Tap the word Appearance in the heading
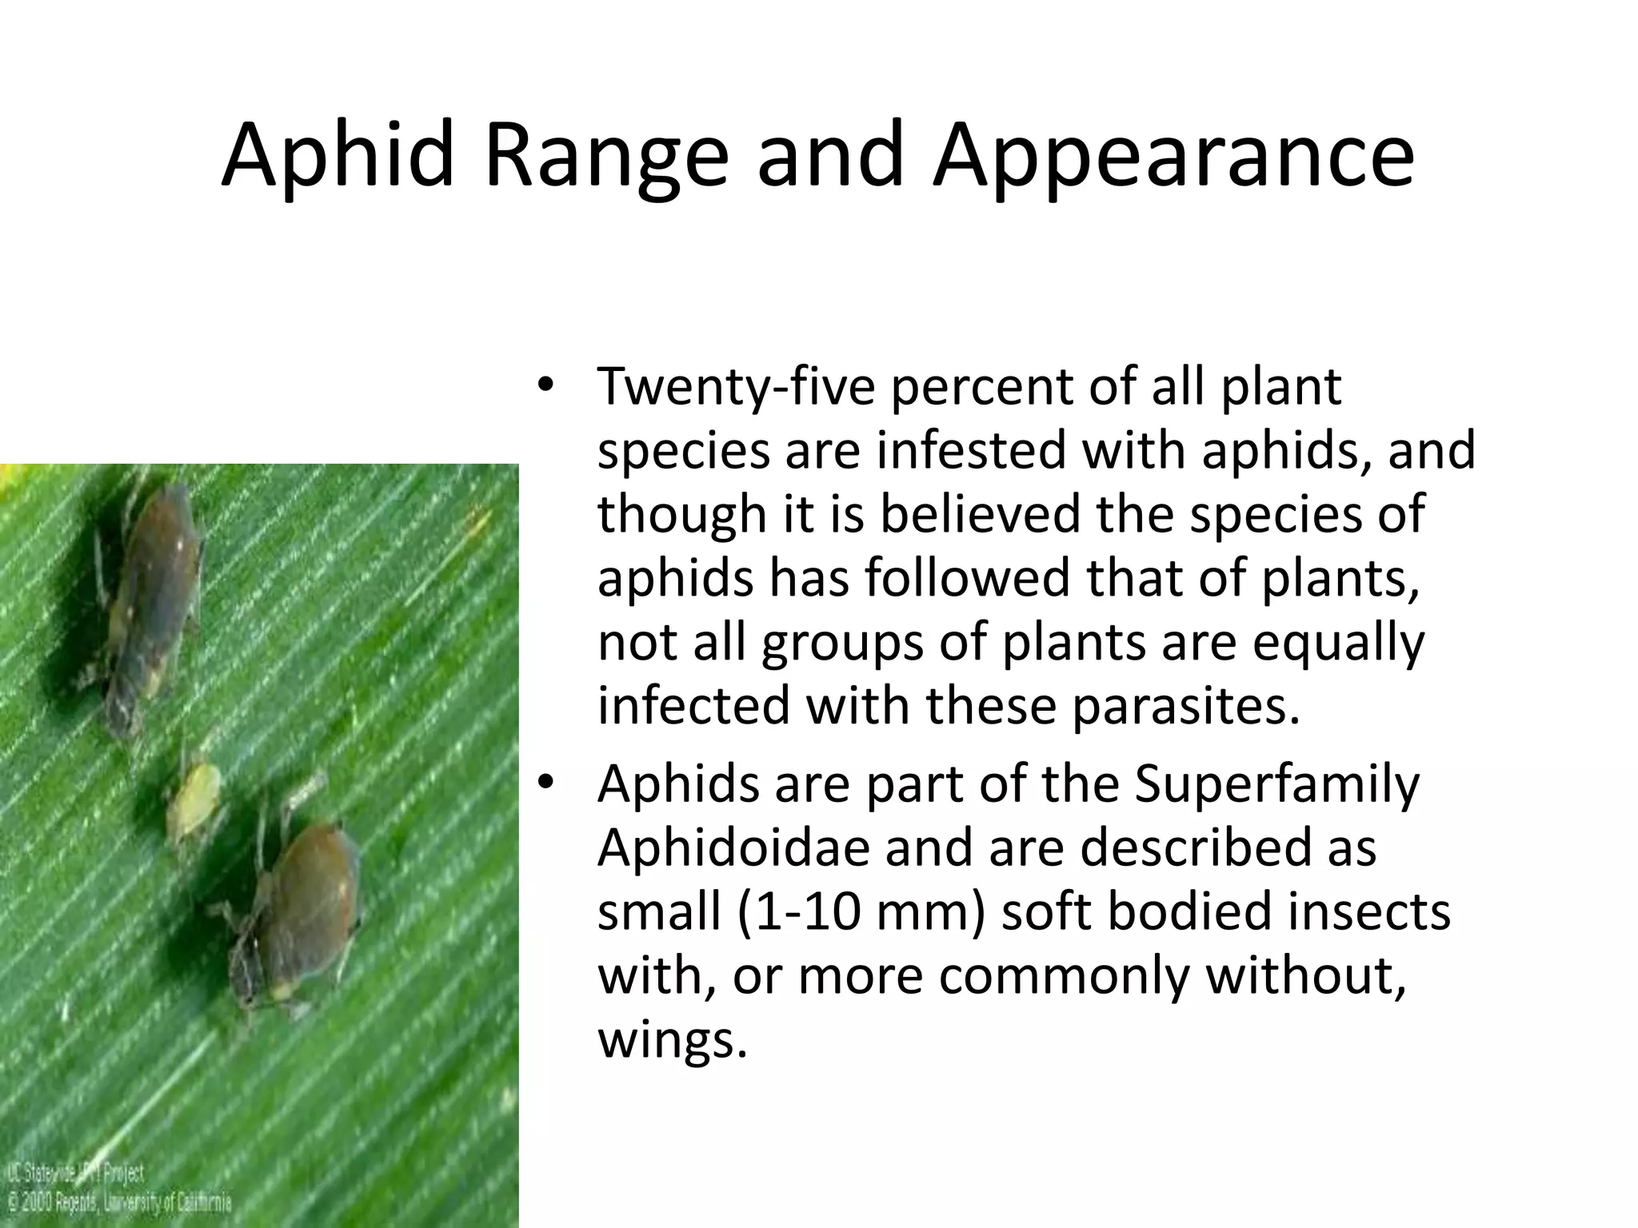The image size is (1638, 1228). pos(1173,153)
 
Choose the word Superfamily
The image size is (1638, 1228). pos(1276,784)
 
